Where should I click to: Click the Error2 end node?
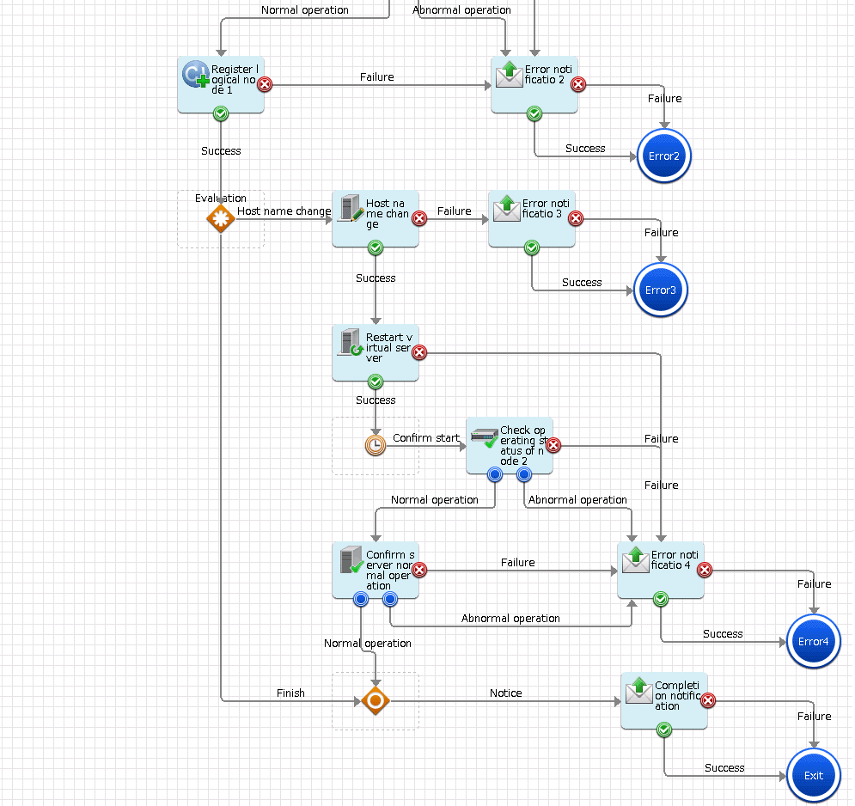coord(664,156)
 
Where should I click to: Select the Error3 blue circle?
coord(661,290)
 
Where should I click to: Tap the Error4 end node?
coord(814,642)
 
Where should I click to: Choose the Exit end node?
coord(814,775)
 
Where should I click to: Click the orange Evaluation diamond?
coord(221,218)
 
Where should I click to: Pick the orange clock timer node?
coord(376,445)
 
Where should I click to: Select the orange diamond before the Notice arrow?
coord(376,701)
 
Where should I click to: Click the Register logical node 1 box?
coord(221,85)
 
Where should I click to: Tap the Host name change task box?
coord(376,219)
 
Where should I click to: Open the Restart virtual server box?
coord(376,353)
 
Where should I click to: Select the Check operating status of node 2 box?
coord(510,446)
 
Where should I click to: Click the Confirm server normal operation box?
coord(376,571)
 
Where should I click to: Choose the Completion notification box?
coord(664,701)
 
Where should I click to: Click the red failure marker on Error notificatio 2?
coord(578,84)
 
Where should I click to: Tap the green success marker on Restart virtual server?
coord(376,382)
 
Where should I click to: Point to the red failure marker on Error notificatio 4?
coord(705,571)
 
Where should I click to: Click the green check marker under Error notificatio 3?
coord(532,248)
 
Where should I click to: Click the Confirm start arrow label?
coord(426,438)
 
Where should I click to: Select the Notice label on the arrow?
coord(505,693)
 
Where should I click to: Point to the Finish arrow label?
coord(290,693)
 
